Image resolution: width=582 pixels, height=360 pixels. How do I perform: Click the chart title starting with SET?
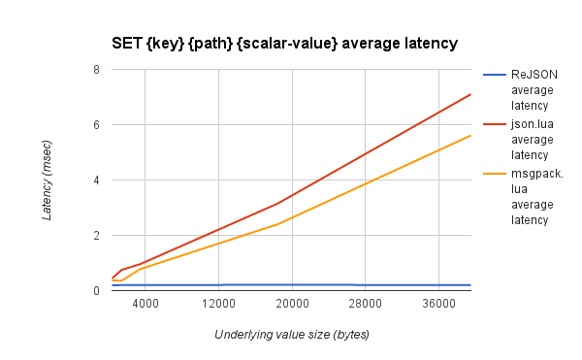tap(284, 43)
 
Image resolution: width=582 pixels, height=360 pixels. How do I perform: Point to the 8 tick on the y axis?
tap(96, 70)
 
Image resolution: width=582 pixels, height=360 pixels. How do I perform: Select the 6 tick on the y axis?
tap(96, 125)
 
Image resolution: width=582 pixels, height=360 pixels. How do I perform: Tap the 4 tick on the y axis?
tap(96, 180)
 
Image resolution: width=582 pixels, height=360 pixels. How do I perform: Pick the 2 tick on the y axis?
tap(96, 236)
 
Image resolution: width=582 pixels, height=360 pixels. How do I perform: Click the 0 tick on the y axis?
tap(96, 291)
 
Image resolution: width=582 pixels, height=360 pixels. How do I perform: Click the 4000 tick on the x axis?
tap(145, 305)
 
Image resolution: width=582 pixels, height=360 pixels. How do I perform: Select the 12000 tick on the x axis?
tap(219, 305)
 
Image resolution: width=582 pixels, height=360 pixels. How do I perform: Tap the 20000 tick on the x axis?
tap(293, 305)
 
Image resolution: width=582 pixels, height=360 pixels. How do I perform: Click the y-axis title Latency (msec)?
tap(48, 180)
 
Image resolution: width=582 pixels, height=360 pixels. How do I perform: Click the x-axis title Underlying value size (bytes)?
tap(292, 335)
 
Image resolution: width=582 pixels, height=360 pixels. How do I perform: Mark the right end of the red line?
tap(470, 94)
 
